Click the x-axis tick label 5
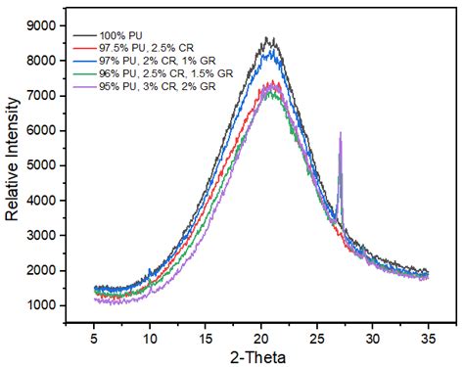coord(94,337)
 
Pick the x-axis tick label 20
coord(260,337)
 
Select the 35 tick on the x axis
coord(427,337)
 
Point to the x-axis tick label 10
coord(150,337)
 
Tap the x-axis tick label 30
coord(372,337)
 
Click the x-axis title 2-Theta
coord(259,356)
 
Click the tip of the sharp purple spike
coord(340,132)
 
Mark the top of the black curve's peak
coord(267,38)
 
